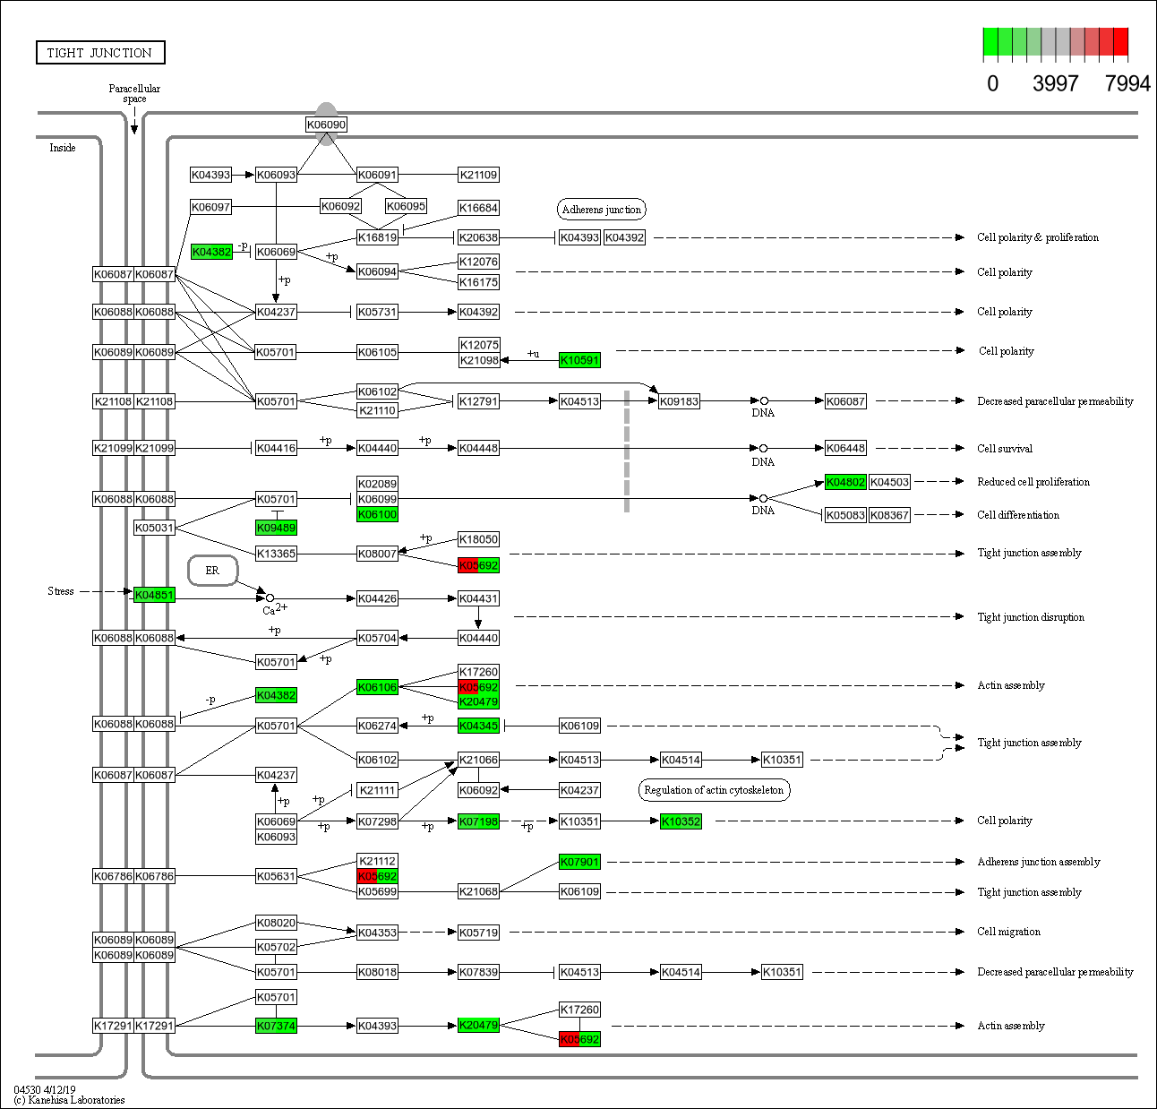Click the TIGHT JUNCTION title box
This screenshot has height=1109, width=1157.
[100, 53]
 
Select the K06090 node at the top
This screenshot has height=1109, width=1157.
[326, 125]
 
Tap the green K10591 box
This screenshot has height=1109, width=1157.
[579, 360]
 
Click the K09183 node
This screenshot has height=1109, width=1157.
[679, 401]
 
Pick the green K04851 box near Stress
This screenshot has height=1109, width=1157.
[154, 595]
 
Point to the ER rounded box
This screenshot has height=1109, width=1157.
[212, 571]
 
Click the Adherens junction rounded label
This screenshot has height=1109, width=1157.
[602, 210]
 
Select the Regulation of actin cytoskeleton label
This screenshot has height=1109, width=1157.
[714, 790]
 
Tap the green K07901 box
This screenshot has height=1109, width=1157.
[579, 862]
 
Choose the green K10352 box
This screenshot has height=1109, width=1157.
[681, 821]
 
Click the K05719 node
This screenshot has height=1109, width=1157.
[478, 933]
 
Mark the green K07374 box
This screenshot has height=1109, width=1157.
[276, 1026]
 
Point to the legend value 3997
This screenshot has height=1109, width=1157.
[1055, 83]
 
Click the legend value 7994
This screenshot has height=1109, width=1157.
[1127, 83]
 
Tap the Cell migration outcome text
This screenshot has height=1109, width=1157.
[1008, 932]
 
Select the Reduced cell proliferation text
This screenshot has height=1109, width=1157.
[1033, 482]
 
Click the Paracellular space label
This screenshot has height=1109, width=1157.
[134, 93]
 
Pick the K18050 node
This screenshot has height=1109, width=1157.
[478, 539]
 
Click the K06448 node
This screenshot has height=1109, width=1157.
[845, 448]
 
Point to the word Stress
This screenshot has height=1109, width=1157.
[61, 591]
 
